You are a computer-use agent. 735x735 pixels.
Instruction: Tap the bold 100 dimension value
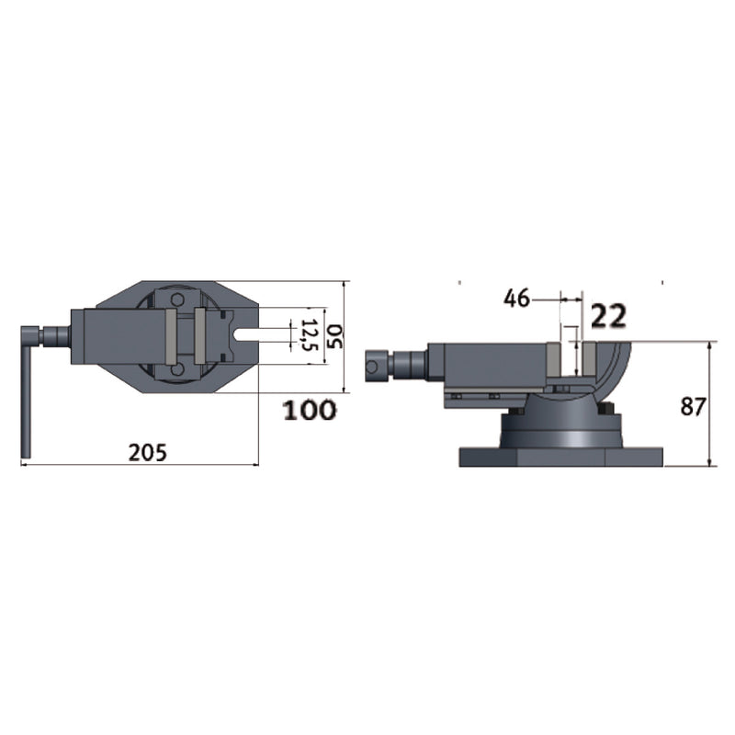pos(309,411)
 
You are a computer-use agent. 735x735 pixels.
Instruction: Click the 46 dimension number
pos(517,298)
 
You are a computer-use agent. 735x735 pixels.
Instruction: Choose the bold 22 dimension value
pos(608,316)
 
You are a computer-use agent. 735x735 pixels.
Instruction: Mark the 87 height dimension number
pos(693,406)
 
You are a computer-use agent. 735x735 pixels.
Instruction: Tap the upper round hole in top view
pos(176,300)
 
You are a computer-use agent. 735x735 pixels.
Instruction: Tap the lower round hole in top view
pos(176,370)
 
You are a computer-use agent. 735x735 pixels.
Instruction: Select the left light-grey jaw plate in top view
pos(169,336)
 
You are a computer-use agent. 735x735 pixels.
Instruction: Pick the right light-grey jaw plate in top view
pos(199,336)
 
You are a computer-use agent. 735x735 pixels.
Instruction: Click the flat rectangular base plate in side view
pos(561,457)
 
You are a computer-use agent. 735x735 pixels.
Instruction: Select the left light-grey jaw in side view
pos(553,360)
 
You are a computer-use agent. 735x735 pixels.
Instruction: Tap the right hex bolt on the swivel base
pos(605,412)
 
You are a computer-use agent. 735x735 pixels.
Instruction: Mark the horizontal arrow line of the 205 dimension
pos(138,465)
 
